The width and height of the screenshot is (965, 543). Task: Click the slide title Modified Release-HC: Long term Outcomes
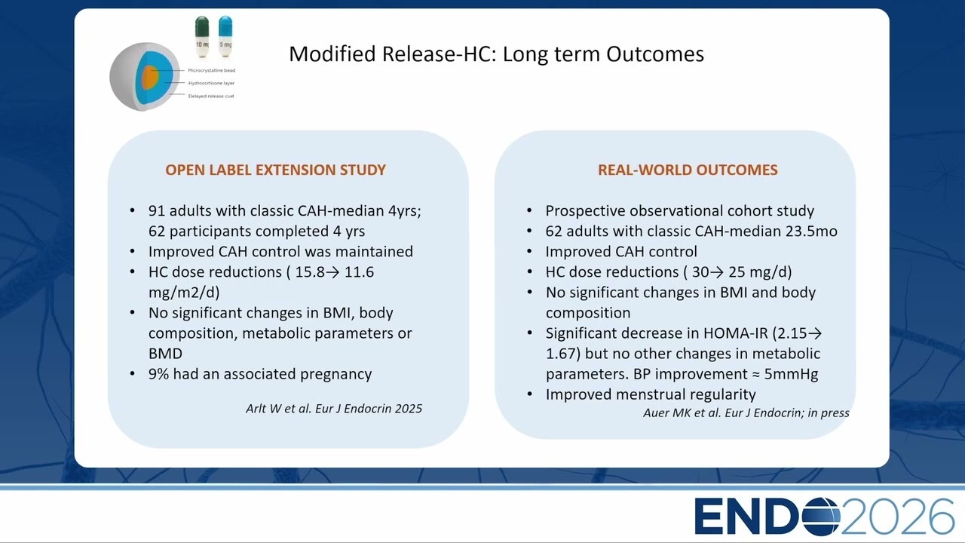[x=496, y=54]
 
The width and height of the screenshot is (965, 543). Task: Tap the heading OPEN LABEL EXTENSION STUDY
[x=275, y=170]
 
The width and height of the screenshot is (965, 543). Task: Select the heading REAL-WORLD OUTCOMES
[x=688, y=170]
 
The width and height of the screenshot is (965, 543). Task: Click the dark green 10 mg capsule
[x=202, y=37]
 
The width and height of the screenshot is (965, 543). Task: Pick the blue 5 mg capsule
[x=225, y=37]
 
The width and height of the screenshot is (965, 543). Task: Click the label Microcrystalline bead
[x=212, y=70]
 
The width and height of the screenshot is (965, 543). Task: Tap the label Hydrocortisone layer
[x=211, y=83]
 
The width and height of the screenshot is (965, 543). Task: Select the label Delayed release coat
[x=211, y=96]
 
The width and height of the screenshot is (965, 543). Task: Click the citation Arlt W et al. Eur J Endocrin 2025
[x=334, y=409]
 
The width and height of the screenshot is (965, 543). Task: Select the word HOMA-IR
[x=735, y=333]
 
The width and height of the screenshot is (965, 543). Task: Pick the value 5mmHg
[x=791, y=374]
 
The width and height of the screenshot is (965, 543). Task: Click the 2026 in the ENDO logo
[x=897, y=516]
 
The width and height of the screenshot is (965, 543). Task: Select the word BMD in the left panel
[x=165, y=354]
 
